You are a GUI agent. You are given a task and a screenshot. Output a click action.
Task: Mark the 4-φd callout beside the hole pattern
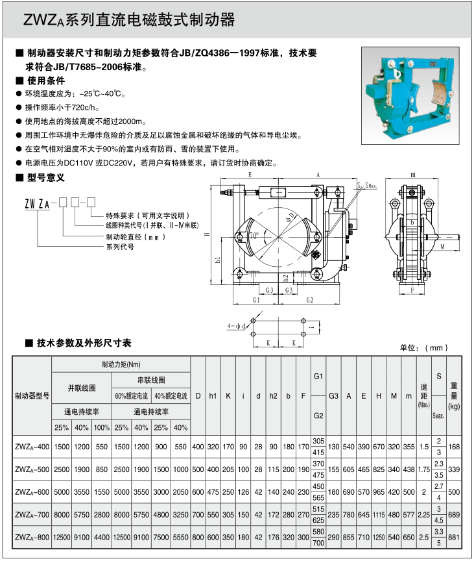pos(236,325)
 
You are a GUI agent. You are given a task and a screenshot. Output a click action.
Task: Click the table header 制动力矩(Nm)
pos(121,364)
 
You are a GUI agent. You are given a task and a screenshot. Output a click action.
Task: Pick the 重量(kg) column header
pos(454,395)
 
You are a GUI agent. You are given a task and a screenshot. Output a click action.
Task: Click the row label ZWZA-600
pos(31,492)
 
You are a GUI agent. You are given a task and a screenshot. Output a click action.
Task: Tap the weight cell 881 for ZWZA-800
pos(454,537)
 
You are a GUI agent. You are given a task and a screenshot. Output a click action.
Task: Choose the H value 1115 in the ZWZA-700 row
pos(378,514)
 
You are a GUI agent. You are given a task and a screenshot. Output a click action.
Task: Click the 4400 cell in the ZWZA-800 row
pos(102,537)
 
